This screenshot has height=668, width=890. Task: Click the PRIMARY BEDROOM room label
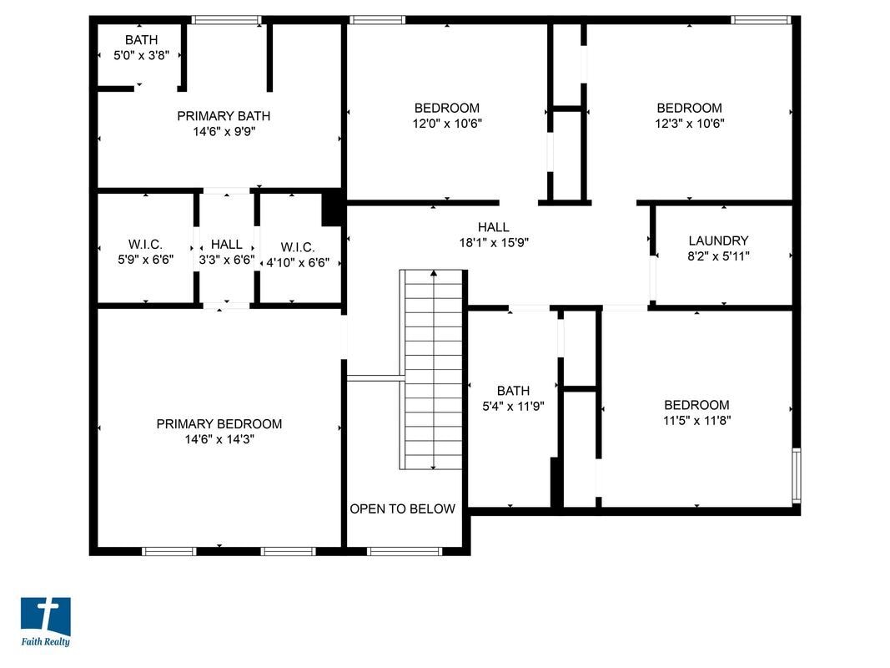pos(219,424)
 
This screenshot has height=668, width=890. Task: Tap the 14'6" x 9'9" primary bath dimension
pos(224,131)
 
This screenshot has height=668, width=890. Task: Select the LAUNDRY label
pos(718,240)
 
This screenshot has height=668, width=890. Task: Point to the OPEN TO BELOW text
pos(403,509)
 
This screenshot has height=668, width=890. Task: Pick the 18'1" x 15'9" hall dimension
pos(493,242)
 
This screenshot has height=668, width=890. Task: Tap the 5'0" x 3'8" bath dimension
pos(141,56)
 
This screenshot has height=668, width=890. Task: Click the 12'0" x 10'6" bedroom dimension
pos(447,124)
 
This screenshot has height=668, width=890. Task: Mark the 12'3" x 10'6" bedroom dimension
pos(689,124)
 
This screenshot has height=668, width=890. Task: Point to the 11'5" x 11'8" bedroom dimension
pos(696,421)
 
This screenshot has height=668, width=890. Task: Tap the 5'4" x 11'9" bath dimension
pos(513,406)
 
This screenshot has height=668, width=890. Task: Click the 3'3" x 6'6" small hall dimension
pos(227,261)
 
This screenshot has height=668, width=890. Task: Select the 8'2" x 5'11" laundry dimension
pos(718,256)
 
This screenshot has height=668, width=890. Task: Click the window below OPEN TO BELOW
pos(405,551)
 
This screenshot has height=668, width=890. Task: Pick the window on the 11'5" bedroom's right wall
pos(796,474)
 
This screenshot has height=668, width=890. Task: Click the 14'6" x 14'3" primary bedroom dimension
pos(219,439)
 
